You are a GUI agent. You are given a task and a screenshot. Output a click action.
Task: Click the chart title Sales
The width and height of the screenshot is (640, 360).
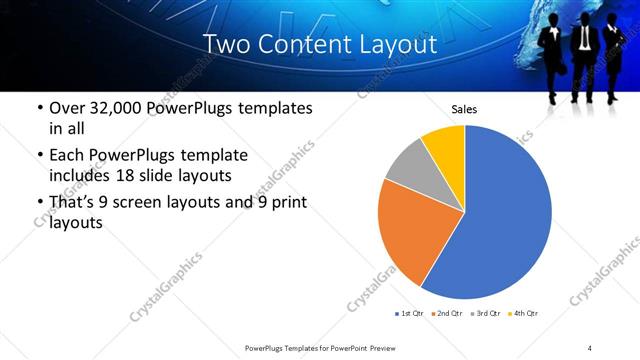[x=464, y=108]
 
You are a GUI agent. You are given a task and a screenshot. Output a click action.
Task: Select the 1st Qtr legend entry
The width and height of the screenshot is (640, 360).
[x=410, y=314]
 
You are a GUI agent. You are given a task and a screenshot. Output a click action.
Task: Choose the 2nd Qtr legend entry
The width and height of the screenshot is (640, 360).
[x=447, y=314]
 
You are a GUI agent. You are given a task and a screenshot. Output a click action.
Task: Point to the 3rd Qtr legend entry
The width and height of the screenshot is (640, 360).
[x=485, y=314]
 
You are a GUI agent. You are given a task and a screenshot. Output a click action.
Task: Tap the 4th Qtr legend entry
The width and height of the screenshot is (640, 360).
[x=523, y=314]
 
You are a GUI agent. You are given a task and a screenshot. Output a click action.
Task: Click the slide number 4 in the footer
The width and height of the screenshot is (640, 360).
[x=590, y=347]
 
